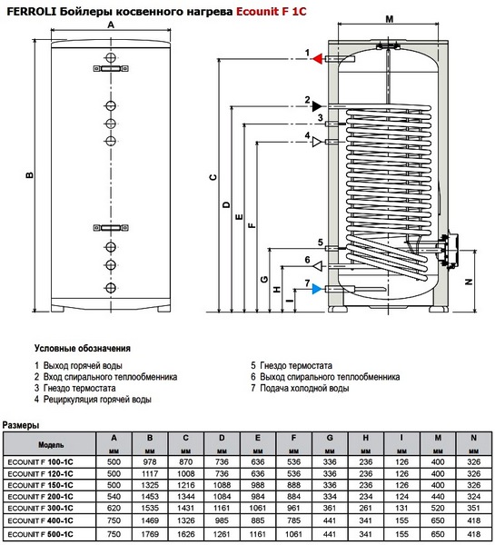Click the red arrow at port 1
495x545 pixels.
[x=317, y=59]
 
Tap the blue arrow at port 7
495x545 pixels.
[x=317, y=289]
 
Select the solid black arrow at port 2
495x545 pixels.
[x=317, y=106]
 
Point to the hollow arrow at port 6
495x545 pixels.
[x=318, y=266]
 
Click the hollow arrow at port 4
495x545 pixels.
[x=317, y=142]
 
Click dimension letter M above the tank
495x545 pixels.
[x=390, y=19]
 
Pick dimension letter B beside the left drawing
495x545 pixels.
[x=30, y=174]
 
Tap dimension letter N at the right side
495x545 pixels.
[x=469, y=282]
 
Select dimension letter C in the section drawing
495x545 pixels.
[x=213, y=177]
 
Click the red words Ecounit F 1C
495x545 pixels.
[x=272, y=12]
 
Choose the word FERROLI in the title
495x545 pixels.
[x=30, y=12]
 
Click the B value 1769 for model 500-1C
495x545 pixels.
[x=150, y=534]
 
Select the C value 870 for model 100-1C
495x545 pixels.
[x=185, y=462]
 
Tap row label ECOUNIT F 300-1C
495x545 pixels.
[x=40, y=509]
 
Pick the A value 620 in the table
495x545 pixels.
[x=114, y=508]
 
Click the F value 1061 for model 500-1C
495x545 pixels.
[x=293, y=534]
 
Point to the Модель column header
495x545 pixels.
[x=51, y=445]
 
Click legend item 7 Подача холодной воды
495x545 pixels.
[x=300, y=388]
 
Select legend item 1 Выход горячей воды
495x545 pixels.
[x=78, y=366]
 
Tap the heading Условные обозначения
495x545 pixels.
[x=83, y=349]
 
